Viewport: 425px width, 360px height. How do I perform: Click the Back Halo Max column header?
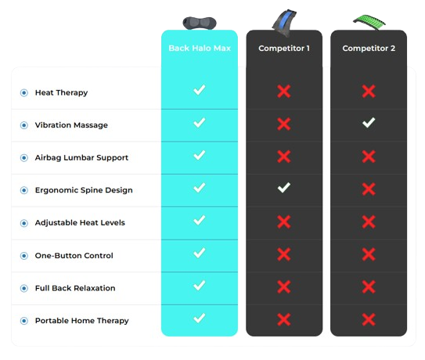(x=200, y=49)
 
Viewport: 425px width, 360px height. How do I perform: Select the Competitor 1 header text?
(x=284, y=49)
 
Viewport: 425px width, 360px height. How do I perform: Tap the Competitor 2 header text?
(x=369, y=49)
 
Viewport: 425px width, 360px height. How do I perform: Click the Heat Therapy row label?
(x=61, y=92)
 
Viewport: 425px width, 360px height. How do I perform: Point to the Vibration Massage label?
(x=71, y=125)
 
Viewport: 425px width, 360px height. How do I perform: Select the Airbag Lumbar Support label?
(x=81, y=158)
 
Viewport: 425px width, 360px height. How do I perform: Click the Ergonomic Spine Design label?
(x=84, y=190)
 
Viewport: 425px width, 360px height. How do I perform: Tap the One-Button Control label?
(x=74, y=255)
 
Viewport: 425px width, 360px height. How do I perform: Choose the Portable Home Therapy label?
(x=82, y=321)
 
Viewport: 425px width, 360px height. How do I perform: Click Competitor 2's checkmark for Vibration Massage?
(x=369, y=123)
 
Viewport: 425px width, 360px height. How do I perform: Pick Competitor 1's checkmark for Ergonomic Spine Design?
(x=284, y=188)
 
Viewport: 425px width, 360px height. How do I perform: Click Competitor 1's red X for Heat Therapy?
(x=284, y=91)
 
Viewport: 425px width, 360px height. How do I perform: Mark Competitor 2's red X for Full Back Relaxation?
(x=369, y=286)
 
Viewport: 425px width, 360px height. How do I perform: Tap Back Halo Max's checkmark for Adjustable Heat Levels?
(x=200, y=220)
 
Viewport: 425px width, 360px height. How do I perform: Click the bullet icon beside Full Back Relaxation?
(x=24, y=288)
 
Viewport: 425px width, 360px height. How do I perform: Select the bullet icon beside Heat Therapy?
(x=24, y=92)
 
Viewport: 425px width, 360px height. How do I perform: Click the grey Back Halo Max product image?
(x=200, y=23)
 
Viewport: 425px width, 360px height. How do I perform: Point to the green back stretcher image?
(x=369, y=22)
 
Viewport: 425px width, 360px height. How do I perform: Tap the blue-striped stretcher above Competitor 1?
(x=284, y=22)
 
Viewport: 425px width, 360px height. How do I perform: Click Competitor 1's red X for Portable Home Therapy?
(x=284, y=319)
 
